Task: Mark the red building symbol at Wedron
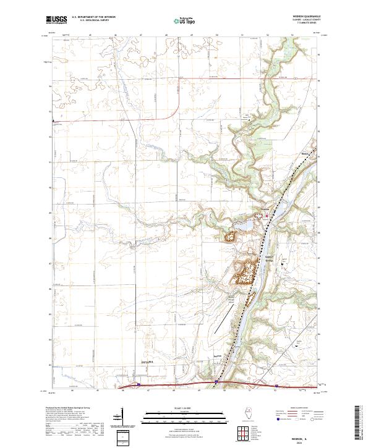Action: [x=267, y=216]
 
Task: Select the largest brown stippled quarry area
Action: [x=244, y=271]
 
